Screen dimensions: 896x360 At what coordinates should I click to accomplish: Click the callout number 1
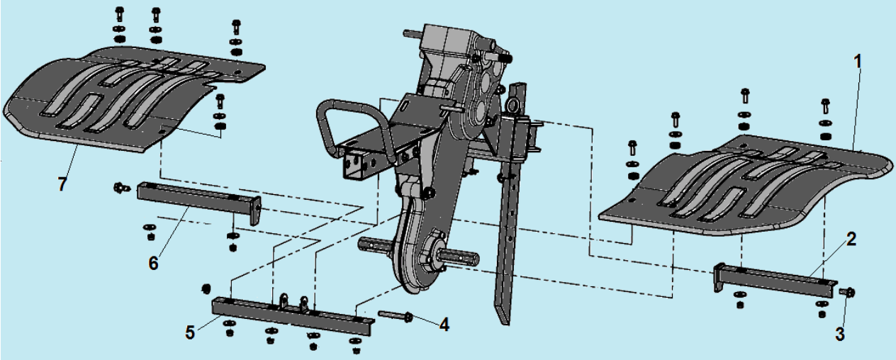click(857, 62)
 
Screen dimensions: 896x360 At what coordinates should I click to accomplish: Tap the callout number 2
click(851, 240)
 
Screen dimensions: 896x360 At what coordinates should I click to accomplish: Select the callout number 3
click(840, 334)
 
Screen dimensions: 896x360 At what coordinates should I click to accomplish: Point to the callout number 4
click(444, 325)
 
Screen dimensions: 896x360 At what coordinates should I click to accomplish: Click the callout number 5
click(190, 332)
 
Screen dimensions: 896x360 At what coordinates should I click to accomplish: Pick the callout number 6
click(154, 264)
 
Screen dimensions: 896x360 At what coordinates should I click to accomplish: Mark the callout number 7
click(62, 184)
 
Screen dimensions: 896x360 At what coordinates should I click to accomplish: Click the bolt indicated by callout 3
click(847, 293)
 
